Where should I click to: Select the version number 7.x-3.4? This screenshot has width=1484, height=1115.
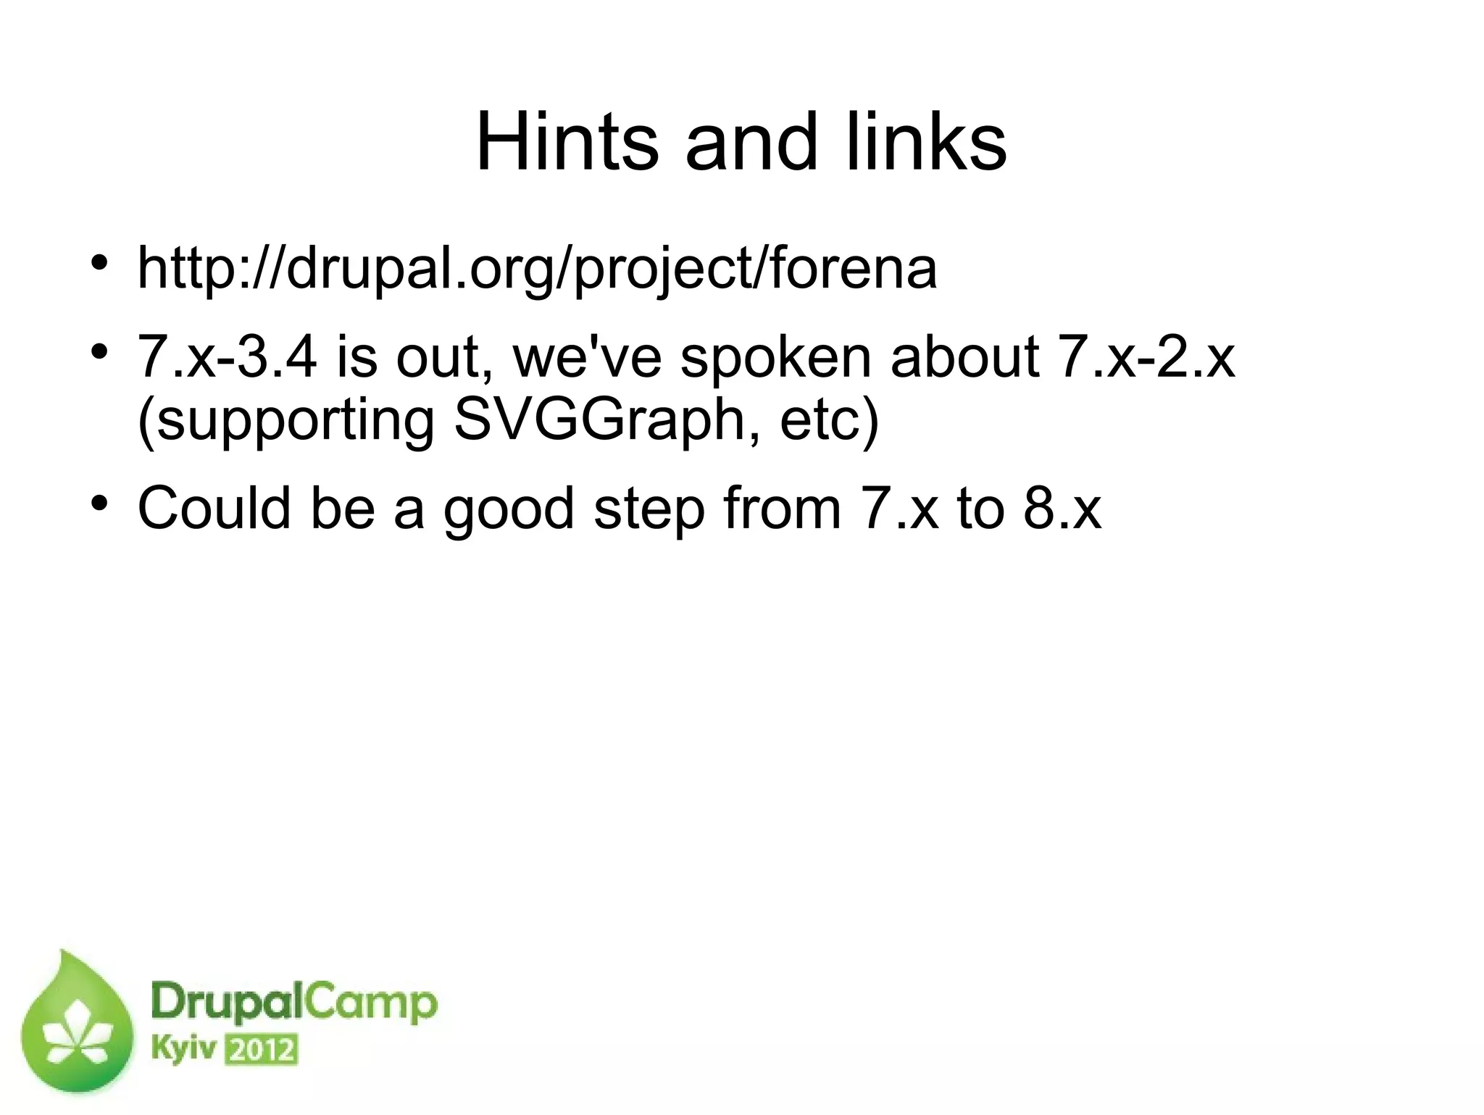point(228,357)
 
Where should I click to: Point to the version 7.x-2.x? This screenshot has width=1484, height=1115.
point(1146,357)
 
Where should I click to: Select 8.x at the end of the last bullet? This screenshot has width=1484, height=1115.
point(1062,508)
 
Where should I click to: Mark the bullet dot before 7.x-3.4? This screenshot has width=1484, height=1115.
point(100,351)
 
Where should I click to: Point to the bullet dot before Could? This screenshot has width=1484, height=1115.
point(100,501)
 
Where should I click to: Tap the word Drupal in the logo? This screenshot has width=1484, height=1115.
point(226,1006)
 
